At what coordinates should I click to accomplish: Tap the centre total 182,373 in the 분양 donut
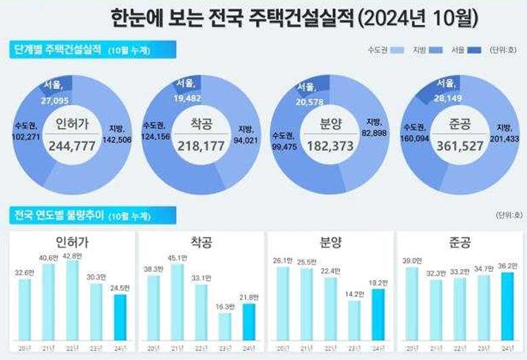(327, 145)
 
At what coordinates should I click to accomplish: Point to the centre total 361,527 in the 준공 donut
(455, 145)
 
